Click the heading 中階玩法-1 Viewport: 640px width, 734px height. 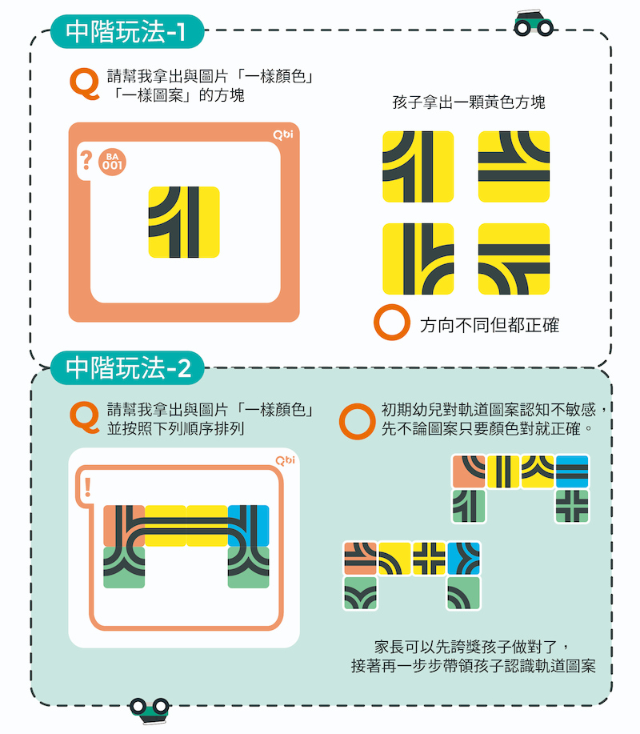(x=126, y=31)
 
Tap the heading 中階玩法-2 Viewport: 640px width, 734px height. (x=127, y=367)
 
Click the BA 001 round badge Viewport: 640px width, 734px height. (x=112, y=162)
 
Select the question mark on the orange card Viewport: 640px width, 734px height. (x=86, y=160)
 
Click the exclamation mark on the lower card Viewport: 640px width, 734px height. (x=87, y=487)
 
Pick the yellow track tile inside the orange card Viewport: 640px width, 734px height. (x=184, y=222)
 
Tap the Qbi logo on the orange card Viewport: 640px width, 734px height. (x=283, y=134)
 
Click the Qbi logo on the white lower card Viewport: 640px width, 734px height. (x=285, y=460)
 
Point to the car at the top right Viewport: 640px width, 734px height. (x=534, y=23)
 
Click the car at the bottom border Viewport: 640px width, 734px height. (x=150, y=710)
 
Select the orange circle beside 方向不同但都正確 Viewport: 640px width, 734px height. (x=392, y=322)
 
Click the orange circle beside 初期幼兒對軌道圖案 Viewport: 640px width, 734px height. (x=358, y=421)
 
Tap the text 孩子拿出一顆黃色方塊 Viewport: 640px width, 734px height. (x=469, y=102)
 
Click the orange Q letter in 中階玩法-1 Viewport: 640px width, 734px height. (x=85, y=84)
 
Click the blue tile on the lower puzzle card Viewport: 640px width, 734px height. (x=249, y=526)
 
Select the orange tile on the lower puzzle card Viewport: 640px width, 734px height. (x=124, y=526)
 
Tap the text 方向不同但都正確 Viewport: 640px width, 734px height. (x=490, y=325)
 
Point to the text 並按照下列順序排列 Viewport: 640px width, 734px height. (x=175, y=428)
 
